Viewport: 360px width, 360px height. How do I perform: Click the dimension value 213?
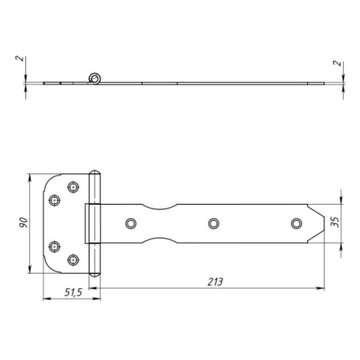[215, 282]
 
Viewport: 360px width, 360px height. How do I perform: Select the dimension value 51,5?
[73, 292]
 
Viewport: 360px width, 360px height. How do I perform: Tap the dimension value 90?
[23, 223]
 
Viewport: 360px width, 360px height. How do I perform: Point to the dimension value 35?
[335, 222]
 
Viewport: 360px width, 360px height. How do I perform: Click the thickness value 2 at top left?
[20, 58]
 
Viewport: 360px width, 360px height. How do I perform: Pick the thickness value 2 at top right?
[337, 63]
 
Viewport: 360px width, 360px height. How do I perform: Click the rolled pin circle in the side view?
[95, 79]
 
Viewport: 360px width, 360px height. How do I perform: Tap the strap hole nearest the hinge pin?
[131, 223]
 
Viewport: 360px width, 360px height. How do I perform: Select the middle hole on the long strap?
[214, 223]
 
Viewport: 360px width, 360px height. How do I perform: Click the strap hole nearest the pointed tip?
[296, 223]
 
